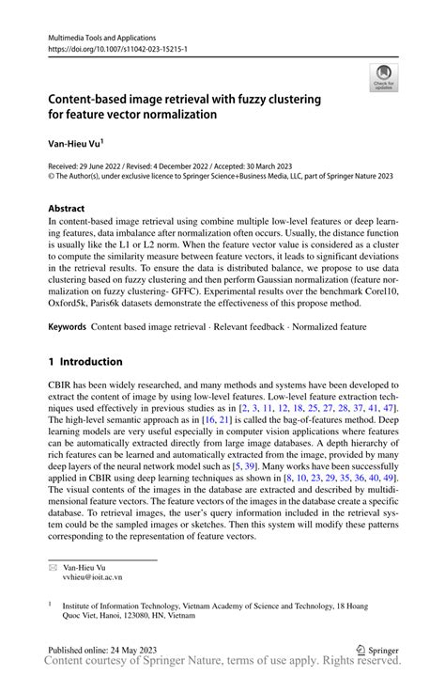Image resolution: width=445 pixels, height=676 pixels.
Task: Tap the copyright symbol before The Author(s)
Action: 53,176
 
